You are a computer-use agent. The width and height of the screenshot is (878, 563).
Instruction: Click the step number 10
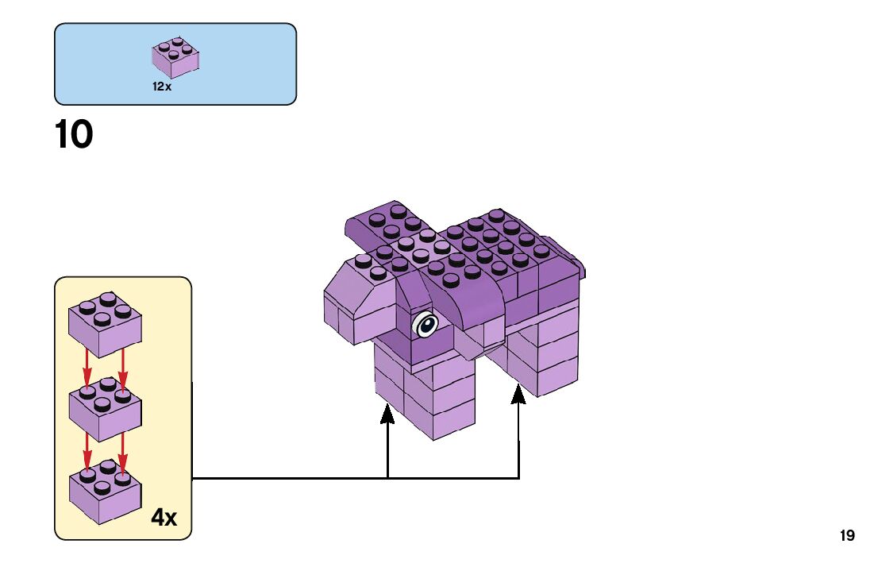click(x=74, y=135)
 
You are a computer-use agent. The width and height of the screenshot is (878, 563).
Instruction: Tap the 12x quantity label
click(x=162, y=86)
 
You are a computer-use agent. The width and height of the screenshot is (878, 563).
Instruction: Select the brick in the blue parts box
click(x=175, y=56)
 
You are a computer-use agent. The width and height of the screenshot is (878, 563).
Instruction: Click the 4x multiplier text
click(x=164, y=518)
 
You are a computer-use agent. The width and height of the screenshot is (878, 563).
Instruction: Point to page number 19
click(x=847, y=536)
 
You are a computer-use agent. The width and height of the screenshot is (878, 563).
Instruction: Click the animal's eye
click(x=426, y=324)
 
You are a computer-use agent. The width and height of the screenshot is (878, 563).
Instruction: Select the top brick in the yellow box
click(x=105, y=324)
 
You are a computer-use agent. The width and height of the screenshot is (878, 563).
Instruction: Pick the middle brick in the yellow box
click(x=105, y=409)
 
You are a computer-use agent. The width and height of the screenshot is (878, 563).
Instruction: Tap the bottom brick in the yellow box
click(x=105, y=492)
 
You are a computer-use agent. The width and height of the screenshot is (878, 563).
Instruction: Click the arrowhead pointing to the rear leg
click(x=518, y=392)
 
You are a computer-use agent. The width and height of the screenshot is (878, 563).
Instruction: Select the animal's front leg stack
click(x=425, y=397)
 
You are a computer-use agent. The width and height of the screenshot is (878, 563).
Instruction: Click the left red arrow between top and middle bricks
click(x=87, y=369)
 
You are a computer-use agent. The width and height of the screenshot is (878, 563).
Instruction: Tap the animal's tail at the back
click(x=578, y=266)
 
